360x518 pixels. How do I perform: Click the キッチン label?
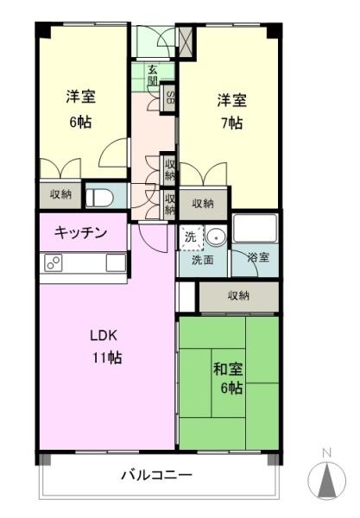(x=81, y=232)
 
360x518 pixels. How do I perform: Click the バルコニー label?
(x=156, y=474)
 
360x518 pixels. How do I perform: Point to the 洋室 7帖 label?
(x=229, y=111)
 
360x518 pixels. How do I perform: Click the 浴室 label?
(x=258, y=257)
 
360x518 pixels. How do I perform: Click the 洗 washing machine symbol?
(x=190, y=234)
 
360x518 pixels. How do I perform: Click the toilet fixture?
(x=98, y=196)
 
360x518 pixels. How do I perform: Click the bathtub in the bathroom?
(x=255, y=230)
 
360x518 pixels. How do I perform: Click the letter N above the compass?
(x=326, y=452)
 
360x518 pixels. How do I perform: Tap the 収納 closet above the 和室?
(x=238, y=296)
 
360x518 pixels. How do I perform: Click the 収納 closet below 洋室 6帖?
(x=60, y=195)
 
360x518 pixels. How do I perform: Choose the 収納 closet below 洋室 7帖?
(x=203, y=204)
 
